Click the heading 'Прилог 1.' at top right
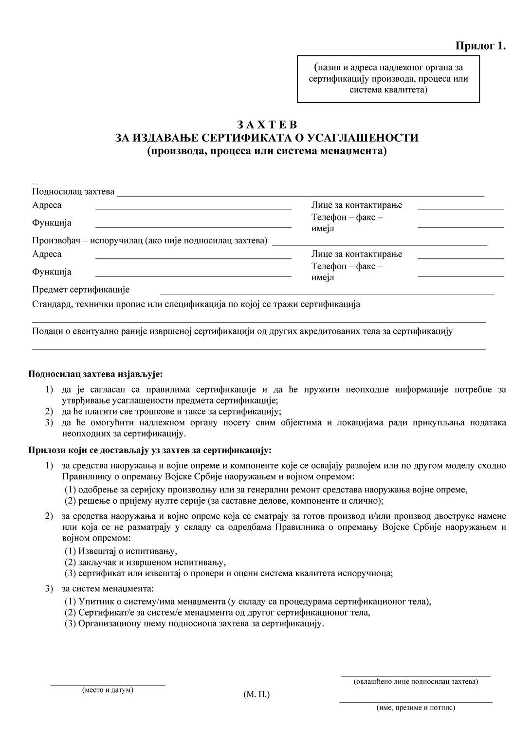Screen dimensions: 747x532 [480, 46]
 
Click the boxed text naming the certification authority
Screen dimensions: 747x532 [388, 78]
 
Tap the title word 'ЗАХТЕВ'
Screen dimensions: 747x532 [266, 125]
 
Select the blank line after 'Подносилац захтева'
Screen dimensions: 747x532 [300, 195]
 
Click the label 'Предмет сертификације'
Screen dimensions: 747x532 [81, 290]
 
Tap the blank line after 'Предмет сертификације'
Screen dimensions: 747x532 [327, 293]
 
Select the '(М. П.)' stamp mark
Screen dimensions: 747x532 [257, 694]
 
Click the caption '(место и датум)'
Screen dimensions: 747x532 [108, 690]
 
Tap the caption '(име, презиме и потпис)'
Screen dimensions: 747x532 [416, 708]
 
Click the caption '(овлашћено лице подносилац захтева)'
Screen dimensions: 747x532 [416, 681]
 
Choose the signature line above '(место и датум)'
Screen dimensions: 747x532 [108, 685]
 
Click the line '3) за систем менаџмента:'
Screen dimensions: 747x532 [107, 589]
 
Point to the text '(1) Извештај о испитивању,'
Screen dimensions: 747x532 [121, 551]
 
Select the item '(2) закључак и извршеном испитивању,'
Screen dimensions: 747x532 [145, 562]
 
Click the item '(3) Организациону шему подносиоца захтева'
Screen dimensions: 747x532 [194, 623]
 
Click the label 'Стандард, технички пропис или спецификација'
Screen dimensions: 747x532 [196, 305]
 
